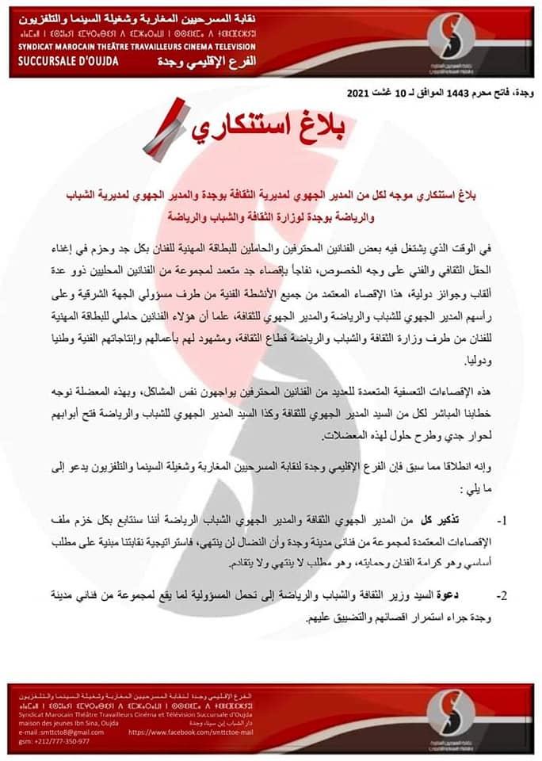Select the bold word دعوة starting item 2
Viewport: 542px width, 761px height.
pos(449,595)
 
